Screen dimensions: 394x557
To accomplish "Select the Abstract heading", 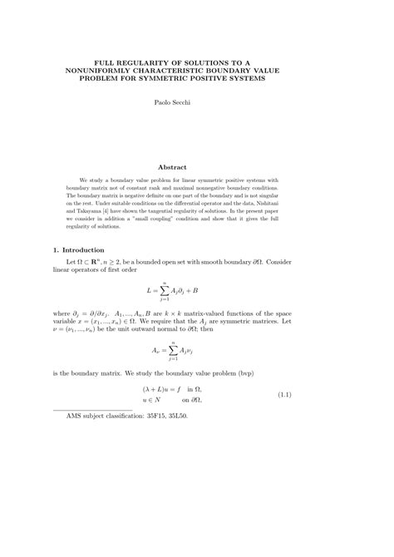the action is pos(196,167).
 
